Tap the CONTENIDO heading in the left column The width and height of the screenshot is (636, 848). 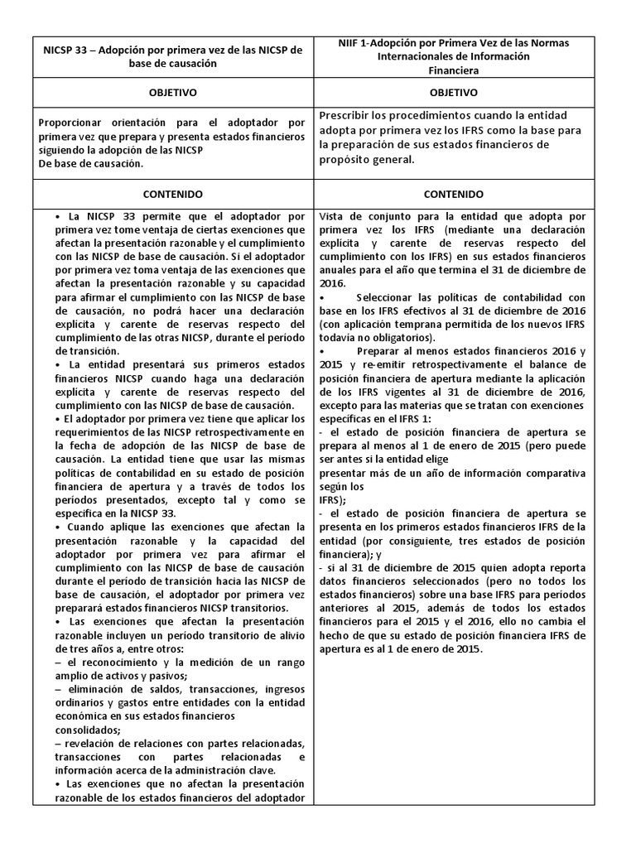coord(173,194)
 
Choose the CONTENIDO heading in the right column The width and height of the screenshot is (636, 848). coord(453,194)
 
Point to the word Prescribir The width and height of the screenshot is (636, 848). coord(347,115)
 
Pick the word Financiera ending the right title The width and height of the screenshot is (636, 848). coord(453,70)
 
